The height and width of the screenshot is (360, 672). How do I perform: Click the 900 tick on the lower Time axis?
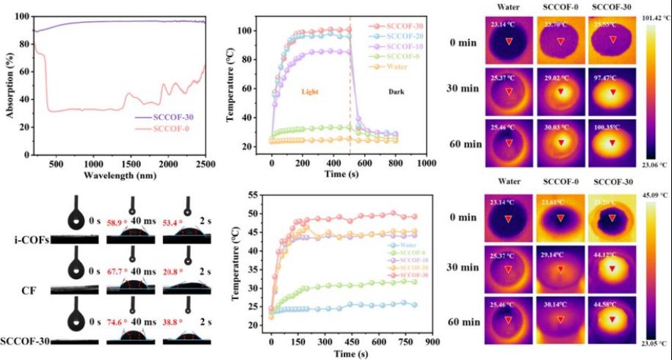(433, 342)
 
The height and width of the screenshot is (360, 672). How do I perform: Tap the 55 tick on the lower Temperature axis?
(259, 195)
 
